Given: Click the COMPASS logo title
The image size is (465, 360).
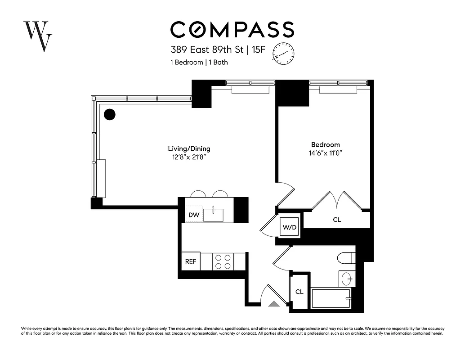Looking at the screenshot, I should [232, 29].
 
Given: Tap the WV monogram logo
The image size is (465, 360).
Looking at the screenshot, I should [38, 36].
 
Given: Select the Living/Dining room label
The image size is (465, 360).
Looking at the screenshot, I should [189, 149].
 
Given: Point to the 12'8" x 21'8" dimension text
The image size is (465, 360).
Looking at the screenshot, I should [189, 157].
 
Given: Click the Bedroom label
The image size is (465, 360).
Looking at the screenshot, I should [326, 145].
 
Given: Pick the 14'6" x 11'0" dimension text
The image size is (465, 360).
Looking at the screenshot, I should [326, 153].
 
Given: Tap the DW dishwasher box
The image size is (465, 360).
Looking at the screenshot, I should [194, 215].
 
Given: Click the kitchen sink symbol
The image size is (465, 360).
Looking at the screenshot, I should [214, 215].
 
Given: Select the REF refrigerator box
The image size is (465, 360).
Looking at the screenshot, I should [191, 261].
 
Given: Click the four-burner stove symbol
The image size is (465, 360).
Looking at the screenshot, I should [223, 261].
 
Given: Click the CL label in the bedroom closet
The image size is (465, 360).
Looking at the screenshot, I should [337, 220].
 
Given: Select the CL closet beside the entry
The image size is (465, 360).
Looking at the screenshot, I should [300, 292].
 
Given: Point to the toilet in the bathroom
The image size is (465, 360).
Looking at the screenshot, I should [346, 258].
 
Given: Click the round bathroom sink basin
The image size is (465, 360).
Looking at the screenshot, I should [347, 279].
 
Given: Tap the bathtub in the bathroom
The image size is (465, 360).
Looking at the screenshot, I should [331, 298].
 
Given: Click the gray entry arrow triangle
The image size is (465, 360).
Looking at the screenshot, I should [273, 304].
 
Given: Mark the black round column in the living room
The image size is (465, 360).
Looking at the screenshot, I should [109, 114].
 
